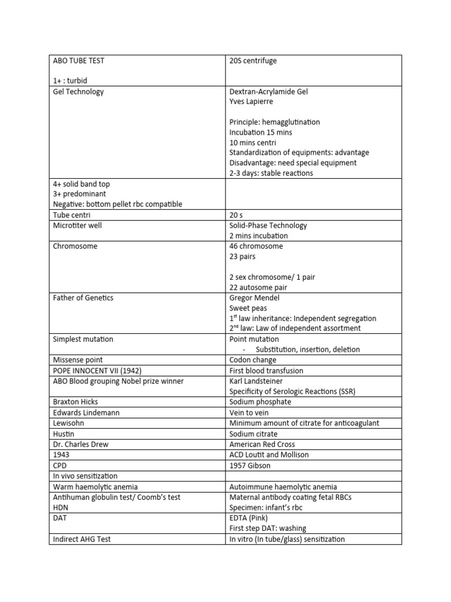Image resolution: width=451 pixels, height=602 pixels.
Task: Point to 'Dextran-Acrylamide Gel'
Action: pyautogui.click(x=268, y=92)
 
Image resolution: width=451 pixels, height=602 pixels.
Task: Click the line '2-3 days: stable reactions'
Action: pyautogui.click(x=271, y=173)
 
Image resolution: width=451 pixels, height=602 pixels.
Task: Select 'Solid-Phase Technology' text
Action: pyautogui.click(x=268, y=226)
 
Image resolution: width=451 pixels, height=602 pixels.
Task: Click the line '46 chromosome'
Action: pyautogui.click(x=256, y=246)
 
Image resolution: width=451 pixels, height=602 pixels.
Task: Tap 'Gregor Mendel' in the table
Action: pyautogui.click(x=254, y=298)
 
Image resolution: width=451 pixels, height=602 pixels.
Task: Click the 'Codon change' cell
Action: pyautogui.click(x=253, y=360)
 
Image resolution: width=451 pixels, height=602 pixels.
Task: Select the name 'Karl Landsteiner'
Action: pyautogui.click(x=256, y=381)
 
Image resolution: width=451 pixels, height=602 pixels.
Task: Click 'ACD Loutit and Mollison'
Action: pyautogui.click(x=269, y=454)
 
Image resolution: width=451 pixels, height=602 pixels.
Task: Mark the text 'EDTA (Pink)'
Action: pyautogui.click(x=251, y=518)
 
